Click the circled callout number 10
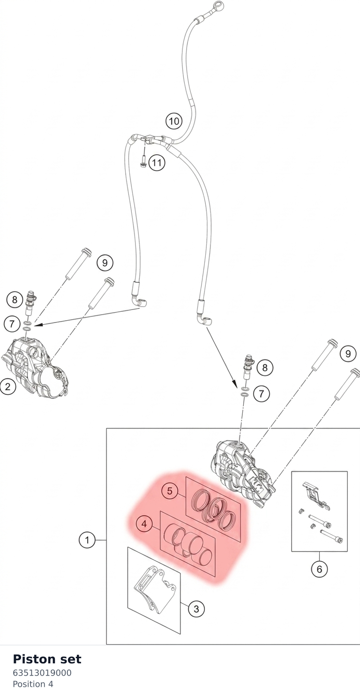[x=174, y=121]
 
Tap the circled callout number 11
[x=157, y=163]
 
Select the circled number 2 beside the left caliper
[x=7, y=387]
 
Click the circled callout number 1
[x=87, y=540]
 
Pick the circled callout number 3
[x=196, y=609]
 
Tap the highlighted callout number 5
[x=169, y=491]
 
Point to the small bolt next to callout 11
[x=143, y=161]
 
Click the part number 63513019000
[x=42, y=672]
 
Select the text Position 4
[x=33, y=684]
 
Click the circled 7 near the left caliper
[x=12, y=323]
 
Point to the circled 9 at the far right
[x=348, y=353]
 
